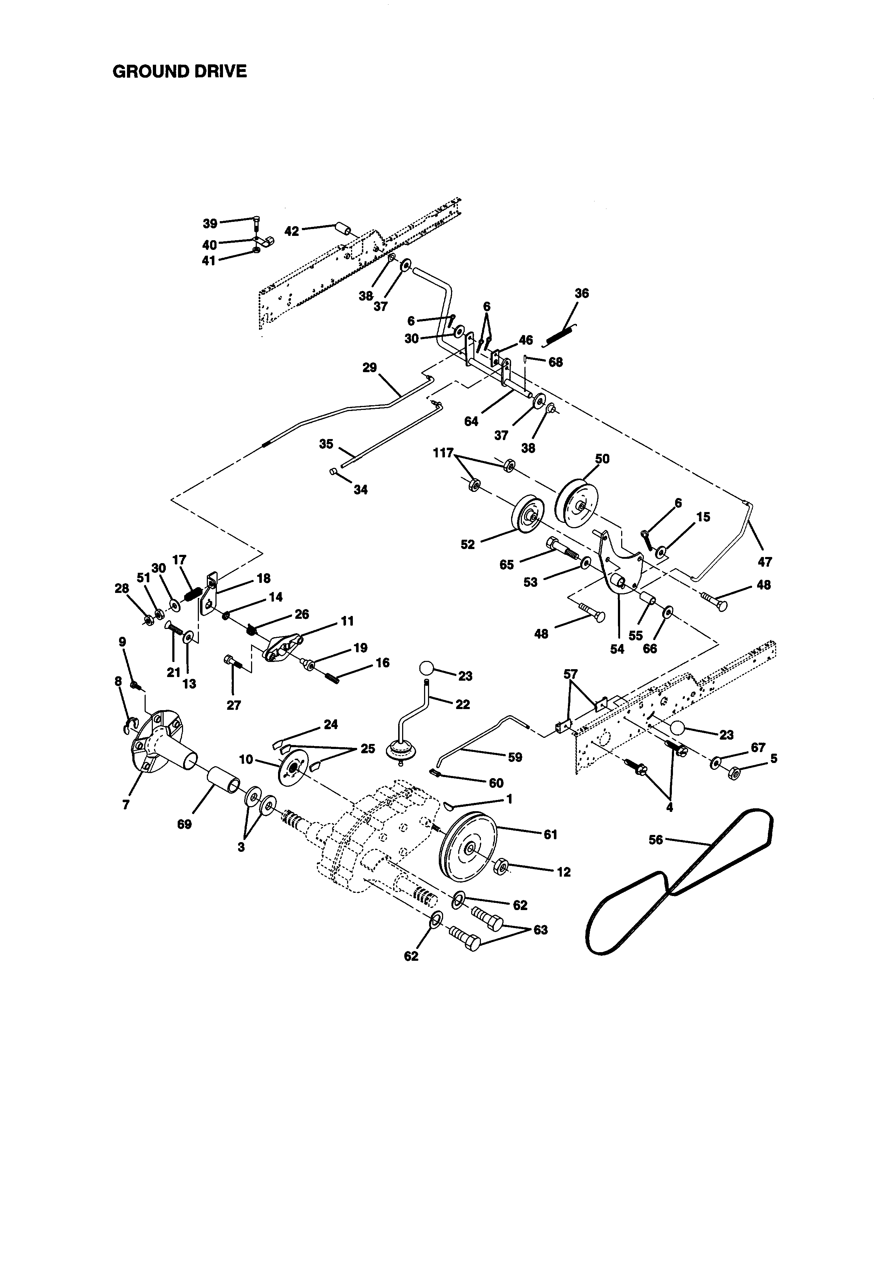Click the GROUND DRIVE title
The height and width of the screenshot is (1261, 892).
(179, 72)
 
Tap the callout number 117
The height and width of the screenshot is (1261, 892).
(443, 453)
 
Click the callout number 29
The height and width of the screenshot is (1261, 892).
(370, 367)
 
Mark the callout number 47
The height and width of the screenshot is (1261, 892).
(765, 562)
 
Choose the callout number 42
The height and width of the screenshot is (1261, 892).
(292, 231)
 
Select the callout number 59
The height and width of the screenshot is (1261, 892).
(515, 757)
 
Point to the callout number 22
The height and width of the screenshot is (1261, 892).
(463, 704)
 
